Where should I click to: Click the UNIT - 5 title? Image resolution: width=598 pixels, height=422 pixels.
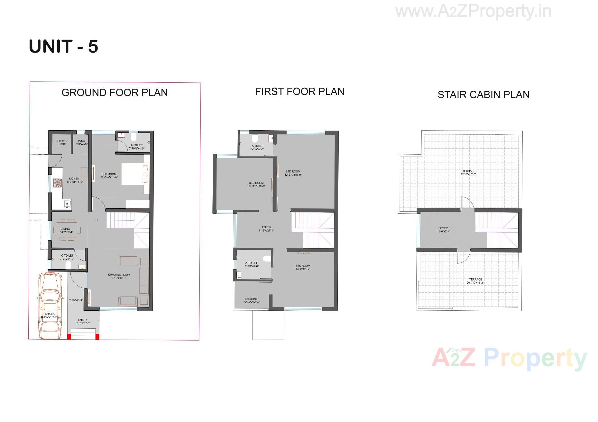64,47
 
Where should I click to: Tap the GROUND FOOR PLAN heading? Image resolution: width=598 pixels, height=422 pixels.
114,93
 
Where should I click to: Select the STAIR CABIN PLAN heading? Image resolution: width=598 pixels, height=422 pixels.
483,95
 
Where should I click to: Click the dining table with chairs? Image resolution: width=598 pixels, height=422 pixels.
67,230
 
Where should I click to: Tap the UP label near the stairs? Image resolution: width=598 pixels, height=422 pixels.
97,220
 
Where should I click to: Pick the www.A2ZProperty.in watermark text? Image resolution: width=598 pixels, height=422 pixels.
473,12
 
